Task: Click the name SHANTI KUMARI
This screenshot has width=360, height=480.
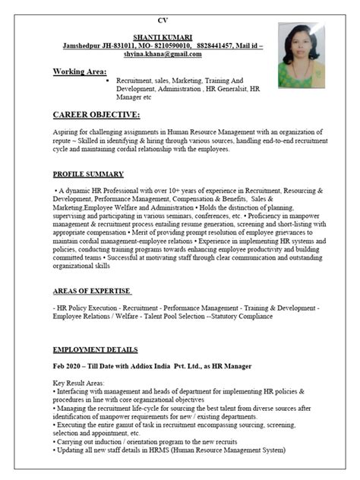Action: coord(162,36)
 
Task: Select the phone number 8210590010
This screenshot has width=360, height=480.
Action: coord(172,46)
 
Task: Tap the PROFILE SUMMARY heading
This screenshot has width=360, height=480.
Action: coord(89,174)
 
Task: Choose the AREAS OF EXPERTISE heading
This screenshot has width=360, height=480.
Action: coord(92,291)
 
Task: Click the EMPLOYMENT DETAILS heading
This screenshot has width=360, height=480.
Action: coord(95,350)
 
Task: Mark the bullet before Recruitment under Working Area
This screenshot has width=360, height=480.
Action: coord(107,79)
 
